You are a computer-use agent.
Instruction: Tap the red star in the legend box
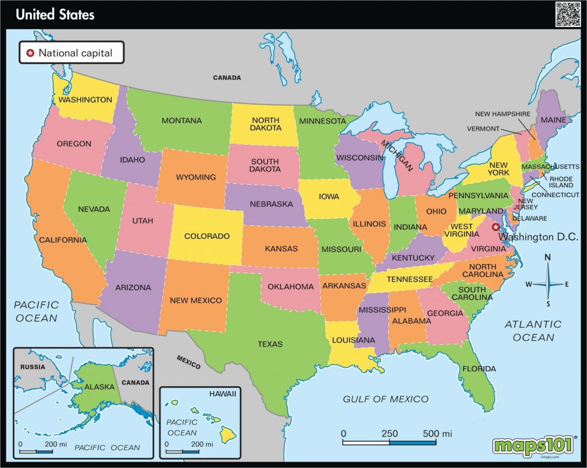click(x=30, y=53)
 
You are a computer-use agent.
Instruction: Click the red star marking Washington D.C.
click(x=495, y=227)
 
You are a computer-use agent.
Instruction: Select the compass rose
click(x=547, y=284)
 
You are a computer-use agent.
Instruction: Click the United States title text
click(x=55, y=14)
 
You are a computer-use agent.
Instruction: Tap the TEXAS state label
click(x=270, y=344)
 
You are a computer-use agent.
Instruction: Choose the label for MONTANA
click(x=181, y=121)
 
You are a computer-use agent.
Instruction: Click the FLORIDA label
click(x=479, y=368)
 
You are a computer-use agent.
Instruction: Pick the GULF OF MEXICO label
click(x=385, y=399)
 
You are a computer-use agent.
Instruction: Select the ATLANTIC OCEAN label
click(x=533, y=331)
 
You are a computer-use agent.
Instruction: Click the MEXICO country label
click(x=189, y=363)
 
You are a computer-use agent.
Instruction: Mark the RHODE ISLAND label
click(x=561, y=182)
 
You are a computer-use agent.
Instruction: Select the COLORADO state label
click(x=207, y=236)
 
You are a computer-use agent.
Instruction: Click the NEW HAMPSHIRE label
click(x=503, y=114)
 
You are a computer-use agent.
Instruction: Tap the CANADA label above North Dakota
click(x=227, y=77)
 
